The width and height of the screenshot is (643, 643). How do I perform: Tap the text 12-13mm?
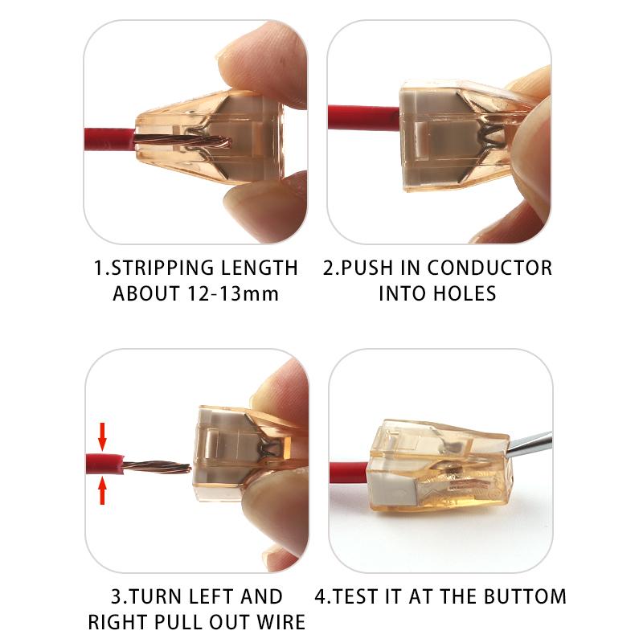(235, 293)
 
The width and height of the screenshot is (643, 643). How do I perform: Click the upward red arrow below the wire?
(102, 490)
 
